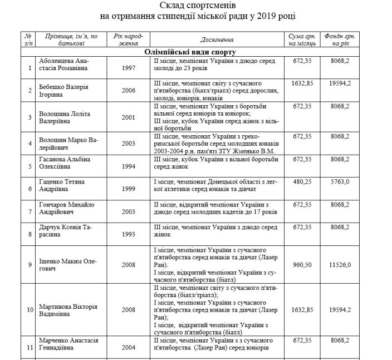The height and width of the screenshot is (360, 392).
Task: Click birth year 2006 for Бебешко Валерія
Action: coord(129,88)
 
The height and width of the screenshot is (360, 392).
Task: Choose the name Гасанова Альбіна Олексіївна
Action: coord(60,162)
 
